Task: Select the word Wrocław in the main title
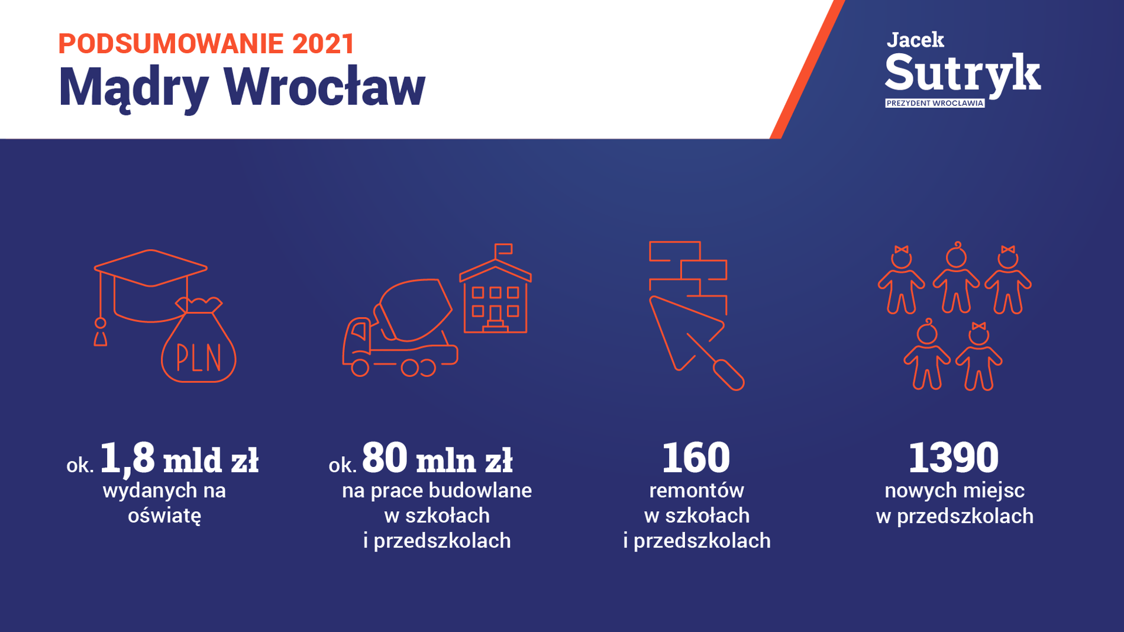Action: point(324,87)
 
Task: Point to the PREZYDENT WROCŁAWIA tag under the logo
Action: point(935,103)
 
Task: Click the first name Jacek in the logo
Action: point(915,40)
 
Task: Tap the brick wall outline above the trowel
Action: point(688,272)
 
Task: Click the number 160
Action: point(696,457)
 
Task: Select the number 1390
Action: point(954,457)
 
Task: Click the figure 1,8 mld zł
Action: point(179,459)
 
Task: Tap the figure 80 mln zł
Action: point(437,459)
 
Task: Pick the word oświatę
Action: point(164,515)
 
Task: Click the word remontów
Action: point(696,491)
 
